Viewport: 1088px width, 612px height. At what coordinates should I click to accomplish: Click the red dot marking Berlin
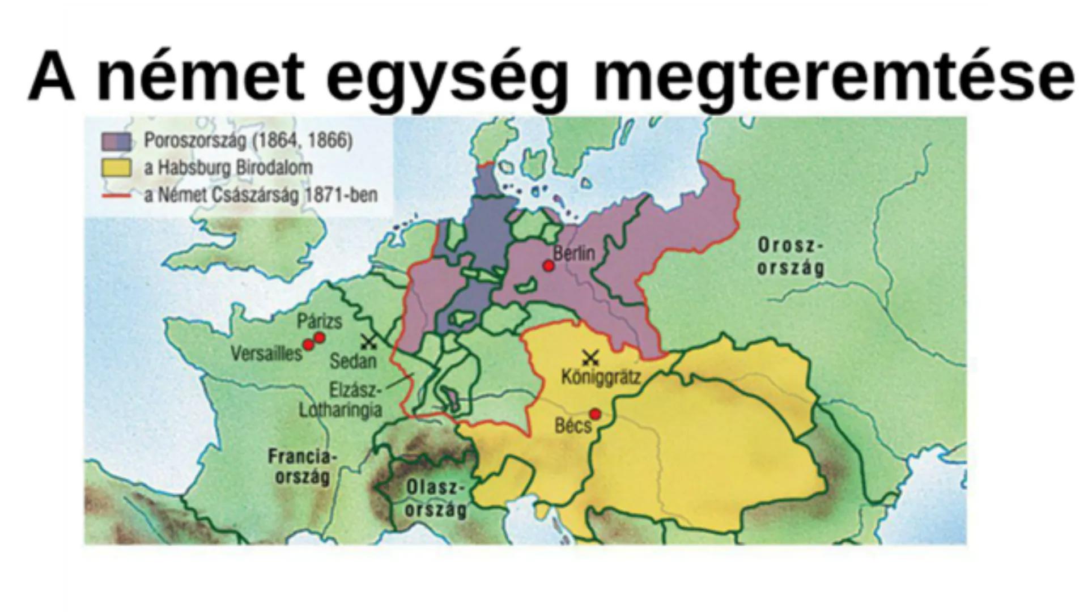pos(548,266)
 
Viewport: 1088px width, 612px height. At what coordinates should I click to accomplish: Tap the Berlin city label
pos(574,253)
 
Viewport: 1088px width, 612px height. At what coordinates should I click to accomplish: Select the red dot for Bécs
pos(594,414)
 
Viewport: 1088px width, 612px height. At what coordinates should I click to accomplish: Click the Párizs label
pos(320,321)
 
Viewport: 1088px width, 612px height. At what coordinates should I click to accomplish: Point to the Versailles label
pos(266,354)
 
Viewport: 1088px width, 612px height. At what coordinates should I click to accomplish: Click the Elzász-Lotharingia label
pos(341,400)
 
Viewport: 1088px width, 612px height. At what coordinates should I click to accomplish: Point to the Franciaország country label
pos(303,466)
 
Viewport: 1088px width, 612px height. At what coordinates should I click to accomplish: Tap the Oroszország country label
pos(790,257)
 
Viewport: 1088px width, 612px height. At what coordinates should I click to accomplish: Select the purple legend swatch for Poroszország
pos(116,141)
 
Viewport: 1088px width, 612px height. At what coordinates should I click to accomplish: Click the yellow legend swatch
pos(116,168)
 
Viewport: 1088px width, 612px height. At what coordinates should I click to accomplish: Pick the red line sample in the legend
pos(116,195)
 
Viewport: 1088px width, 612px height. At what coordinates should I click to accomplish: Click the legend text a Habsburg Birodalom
pos(228,168)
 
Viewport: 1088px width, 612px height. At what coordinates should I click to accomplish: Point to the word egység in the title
pos(447,76)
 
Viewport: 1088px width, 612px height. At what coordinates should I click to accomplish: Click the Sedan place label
pos(352,361)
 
